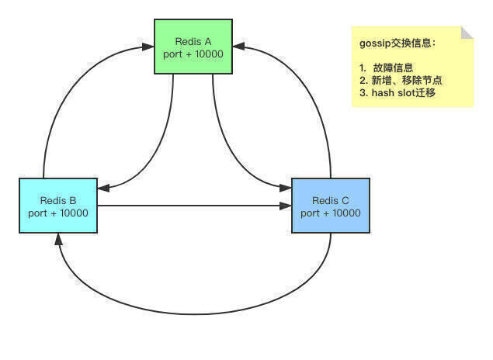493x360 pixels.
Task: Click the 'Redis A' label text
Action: click(193, 41)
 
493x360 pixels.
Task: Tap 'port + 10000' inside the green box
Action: click(193, 54)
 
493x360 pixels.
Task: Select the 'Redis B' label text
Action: click(58, 200)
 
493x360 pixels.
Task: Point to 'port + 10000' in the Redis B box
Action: click(58, 213)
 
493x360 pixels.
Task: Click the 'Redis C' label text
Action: click(331, 200)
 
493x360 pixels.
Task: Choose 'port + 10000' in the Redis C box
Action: click(331, 213)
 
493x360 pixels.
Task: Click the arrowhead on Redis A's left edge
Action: click(148, 47)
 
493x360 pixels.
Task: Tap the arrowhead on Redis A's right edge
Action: click(238, 47)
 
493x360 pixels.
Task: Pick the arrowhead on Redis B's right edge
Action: click(103, 189)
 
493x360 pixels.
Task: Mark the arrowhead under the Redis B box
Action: click(58, 239)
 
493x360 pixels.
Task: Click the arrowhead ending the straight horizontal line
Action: click(286, 206)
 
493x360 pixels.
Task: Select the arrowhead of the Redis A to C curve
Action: click(286, 188)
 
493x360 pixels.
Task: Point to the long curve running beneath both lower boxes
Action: click(194, 313)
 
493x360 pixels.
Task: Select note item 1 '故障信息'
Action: click(393, 67)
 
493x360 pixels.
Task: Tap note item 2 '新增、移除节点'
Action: click(407, 81)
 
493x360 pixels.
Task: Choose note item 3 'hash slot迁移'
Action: click(404, 93)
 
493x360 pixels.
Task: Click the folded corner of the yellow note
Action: click(467, 33)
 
